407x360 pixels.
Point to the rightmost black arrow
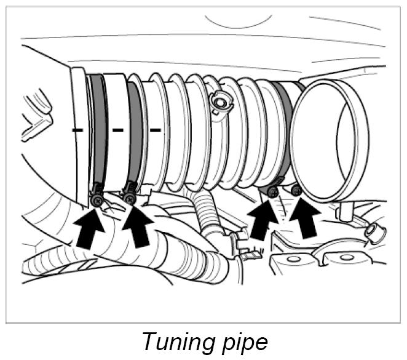[304, 217]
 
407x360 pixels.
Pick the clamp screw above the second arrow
[130, 198]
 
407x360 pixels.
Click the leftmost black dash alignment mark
[77, 130]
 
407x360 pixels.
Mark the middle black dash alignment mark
[117, 130]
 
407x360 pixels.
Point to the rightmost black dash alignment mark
[156, 130]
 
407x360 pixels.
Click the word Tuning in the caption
[178, 340]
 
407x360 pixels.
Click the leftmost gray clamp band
[98, 129]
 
